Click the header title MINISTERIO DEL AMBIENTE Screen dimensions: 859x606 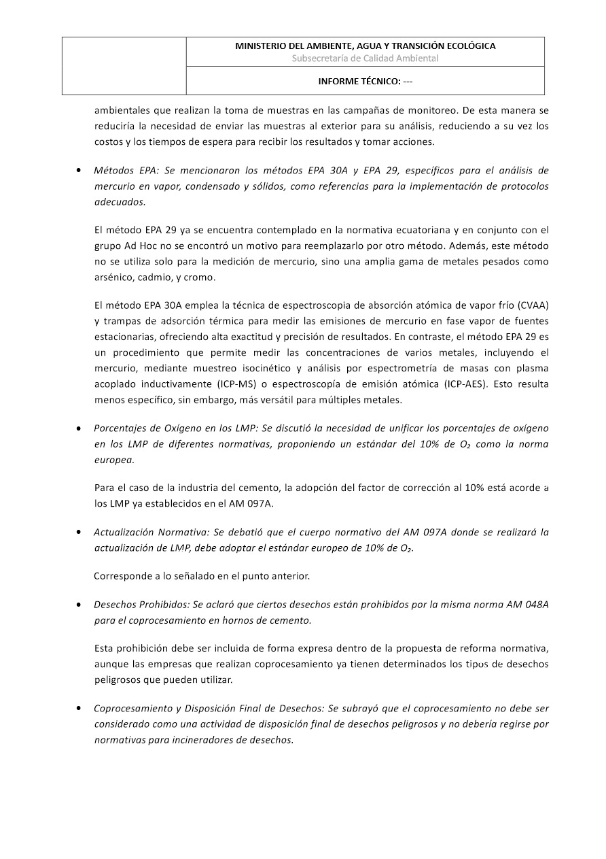[365, 46]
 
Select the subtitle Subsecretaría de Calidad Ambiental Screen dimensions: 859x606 [365, 58]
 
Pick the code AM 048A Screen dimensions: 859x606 [527, 604]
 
